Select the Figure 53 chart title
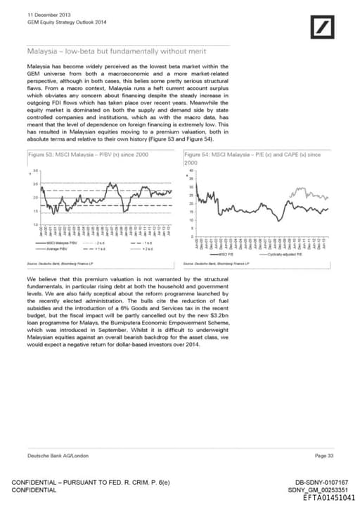[87, 153]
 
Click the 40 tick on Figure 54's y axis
[191, 170]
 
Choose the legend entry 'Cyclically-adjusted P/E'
[303, 254]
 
